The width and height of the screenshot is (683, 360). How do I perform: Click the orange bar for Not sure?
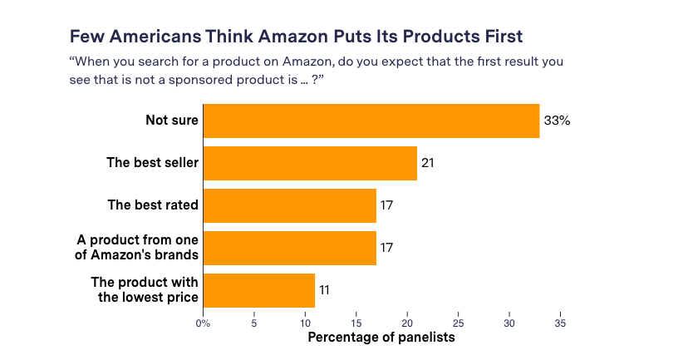(371, 121)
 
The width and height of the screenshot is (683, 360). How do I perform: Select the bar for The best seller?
(310, 163)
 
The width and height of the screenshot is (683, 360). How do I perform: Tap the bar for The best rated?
(289, 205)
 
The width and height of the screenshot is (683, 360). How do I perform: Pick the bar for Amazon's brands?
(289, 248)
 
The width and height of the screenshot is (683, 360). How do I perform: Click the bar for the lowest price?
(258, 290)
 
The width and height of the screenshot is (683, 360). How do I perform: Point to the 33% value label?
(557, 121)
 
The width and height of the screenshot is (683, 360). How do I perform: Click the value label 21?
(428, 163)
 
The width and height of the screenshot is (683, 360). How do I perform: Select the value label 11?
(326, 290)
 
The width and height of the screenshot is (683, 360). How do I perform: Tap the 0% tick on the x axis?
(203, 323)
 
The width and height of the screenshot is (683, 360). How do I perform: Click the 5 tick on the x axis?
(254, 323)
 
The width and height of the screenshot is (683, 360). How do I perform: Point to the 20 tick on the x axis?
(407, 323)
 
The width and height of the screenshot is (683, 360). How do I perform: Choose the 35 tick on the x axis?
(560, 323)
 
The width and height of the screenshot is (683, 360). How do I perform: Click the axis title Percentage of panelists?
(381, 338)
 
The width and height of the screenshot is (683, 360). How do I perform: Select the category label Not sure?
(172, 121)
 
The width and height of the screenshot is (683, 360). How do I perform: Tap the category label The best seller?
(153, 163)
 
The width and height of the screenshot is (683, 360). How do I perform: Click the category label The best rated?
(154, 205)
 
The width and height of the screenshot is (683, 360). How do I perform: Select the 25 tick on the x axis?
(458, 323)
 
